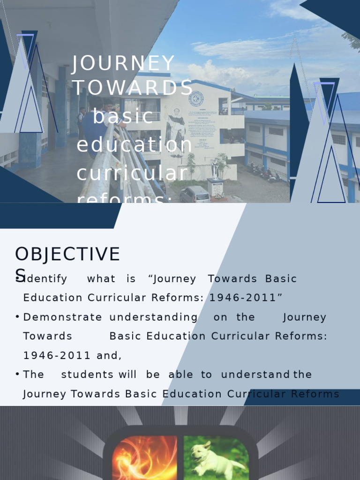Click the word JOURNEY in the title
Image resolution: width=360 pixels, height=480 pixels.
tap(123, 64)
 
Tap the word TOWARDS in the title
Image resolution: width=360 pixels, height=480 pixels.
tap(133, 88)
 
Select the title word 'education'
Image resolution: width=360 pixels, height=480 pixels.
tap(135, 145)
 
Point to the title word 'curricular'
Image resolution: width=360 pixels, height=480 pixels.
tap(132, 173)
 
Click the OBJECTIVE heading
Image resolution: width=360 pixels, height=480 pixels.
tap(67, 255)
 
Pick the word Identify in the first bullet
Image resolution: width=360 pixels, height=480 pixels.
tap(45, 279)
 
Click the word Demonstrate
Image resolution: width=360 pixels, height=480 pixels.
tap(62, 317)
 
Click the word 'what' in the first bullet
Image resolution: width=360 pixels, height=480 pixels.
tap(101, 279)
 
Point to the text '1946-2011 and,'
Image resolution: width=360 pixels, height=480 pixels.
tap(72, 356)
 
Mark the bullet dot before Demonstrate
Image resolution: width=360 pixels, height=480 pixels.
tap(17, 317)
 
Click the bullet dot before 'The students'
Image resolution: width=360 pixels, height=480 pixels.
tap(17, 375)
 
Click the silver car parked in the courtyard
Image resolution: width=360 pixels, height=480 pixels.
tap(195, 194)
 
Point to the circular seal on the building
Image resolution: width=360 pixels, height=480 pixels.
tap(195, 99)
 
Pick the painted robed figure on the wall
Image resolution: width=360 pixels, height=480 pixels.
tap(176, 132)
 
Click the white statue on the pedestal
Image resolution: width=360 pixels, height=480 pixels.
tap(215, 168)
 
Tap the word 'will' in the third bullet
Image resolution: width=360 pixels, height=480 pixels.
tap(127, 375)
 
